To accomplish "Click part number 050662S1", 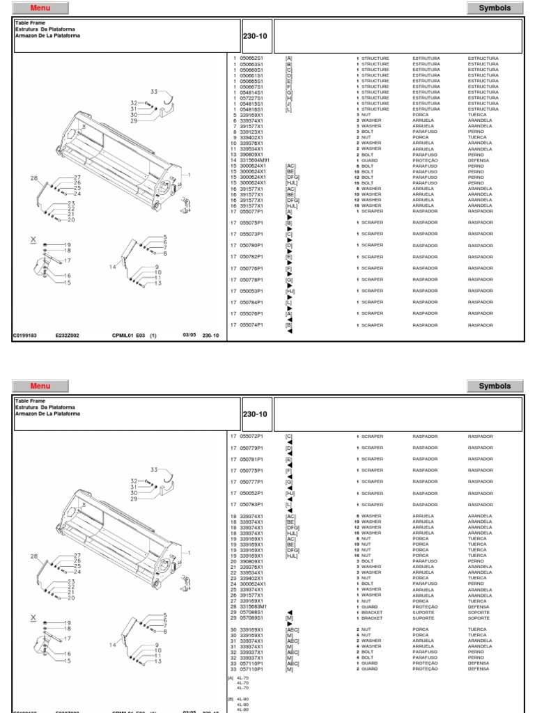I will [x=251, y=58].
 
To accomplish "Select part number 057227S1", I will [x=251, y=98].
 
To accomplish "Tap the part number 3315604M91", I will [x=254, y=160].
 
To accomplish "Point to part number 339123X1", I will [x=251, y=132].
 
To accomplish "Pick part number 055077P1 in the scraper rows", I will [x=251, y=211].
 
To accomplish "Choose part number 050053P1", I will [x=251, y=290].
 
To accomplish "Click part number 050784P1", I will [x=251, y=302].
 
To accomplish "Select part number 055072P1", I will [x=251, y=437].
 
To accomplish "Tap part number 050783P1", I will [x=251, y=504].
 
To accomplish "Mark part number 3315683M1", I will [x=253, y=606].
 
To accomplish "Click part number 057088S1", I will [x=251, y=612].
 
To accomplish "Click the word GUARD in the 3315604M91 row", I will [x=369, y=160].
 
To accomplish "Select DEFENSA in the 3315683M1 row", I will [x=480, y=606].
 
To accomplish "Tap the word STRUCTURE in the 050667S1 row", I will [x=375, y=87].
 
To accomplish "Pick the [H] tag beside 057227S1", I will [x=288, y=98].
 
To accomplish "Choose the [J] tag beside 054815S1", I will [x=288, y=104].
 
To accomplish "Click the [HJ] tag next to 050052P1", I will [x=290, y=493].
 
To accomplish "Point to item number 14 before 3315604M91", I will [x=235, y=160].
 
